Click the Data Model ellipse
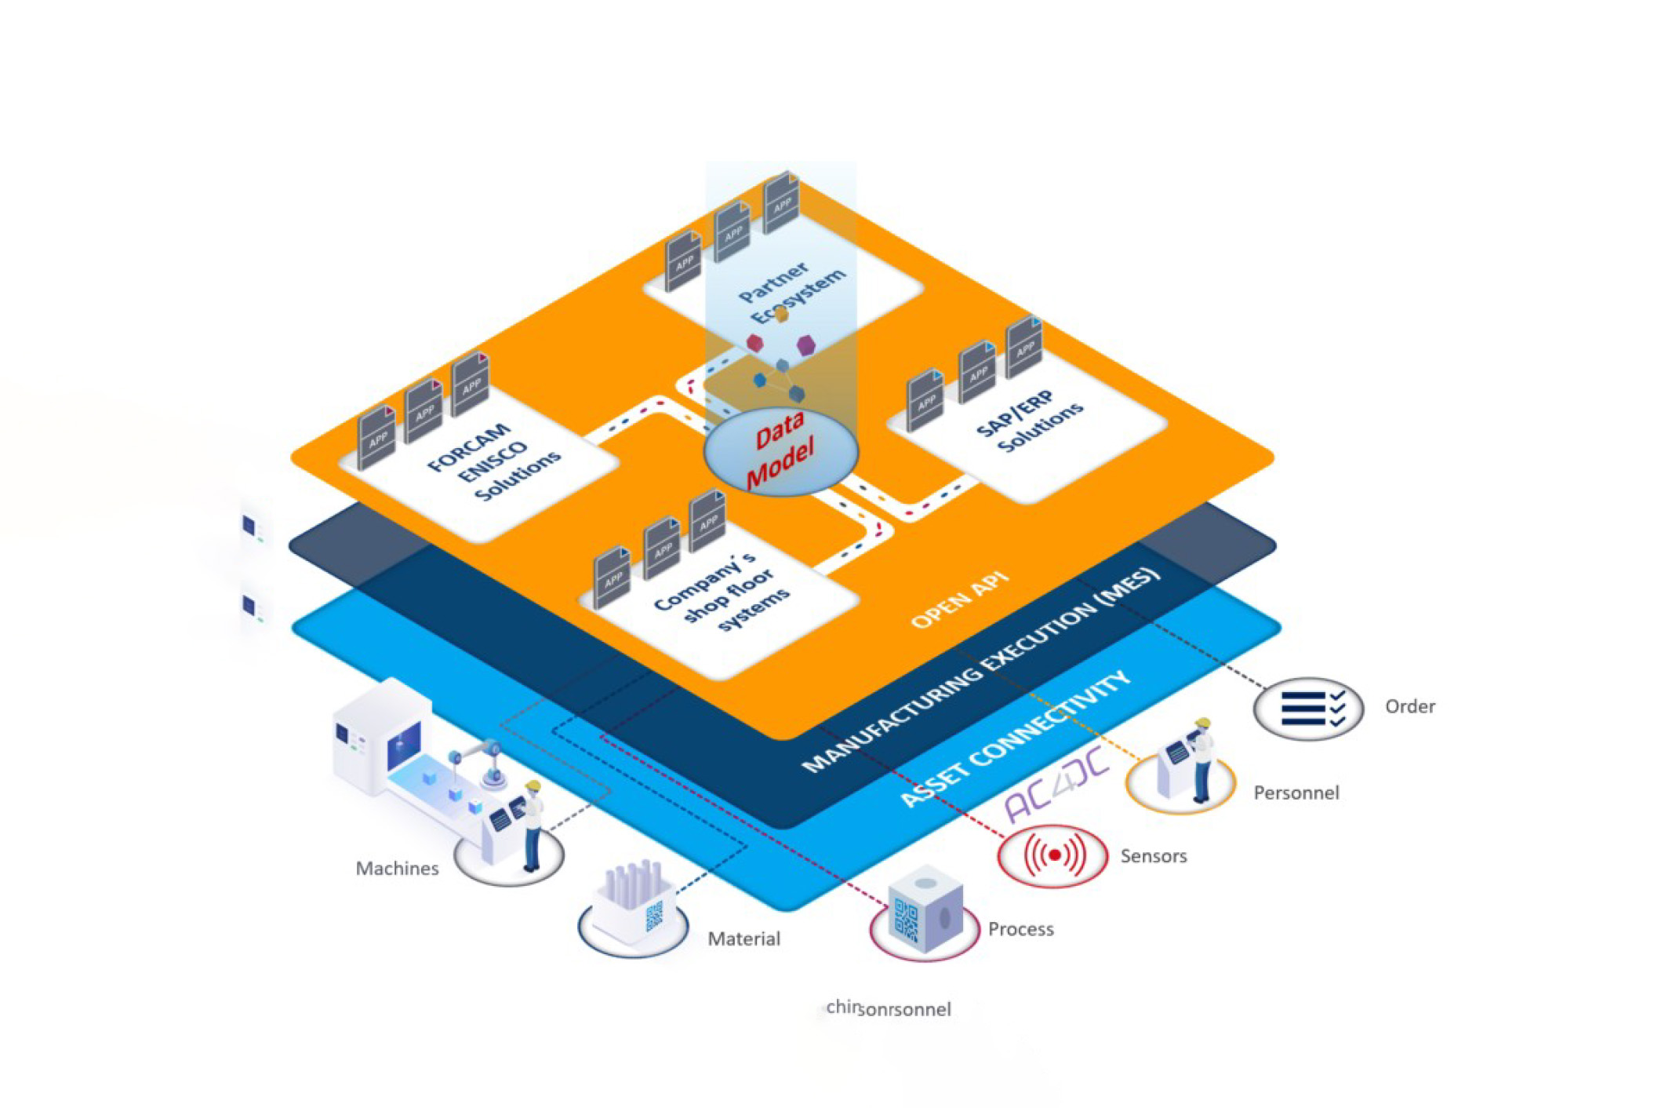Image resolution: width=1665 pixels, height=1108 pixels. coord(781,452)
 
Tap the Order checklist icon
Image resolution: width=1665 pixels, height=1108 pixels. coord(1308,709)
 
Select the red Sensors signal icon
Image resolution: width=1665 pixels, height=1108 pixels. coord(1052,855)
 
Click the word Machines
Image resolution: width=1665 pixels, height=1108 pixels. coord(397,869)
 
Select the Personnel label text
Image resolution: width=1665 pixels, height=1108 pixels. coord(1296,793)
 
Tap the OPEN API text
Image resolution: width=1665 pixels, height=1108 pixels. coord(959,600)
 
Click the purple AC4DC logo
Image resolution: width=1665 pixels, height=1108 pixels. coord(1057,785)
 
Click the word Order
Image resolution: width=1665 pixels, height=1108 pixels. coord(1409,707)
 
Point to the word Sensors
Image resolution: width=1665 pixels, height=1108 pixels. coord(1153,856)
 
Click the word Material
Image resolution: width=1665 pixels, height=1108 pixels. coord(743,939)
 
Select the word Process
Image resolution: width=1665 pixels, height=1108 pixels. coord(1020,929)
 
